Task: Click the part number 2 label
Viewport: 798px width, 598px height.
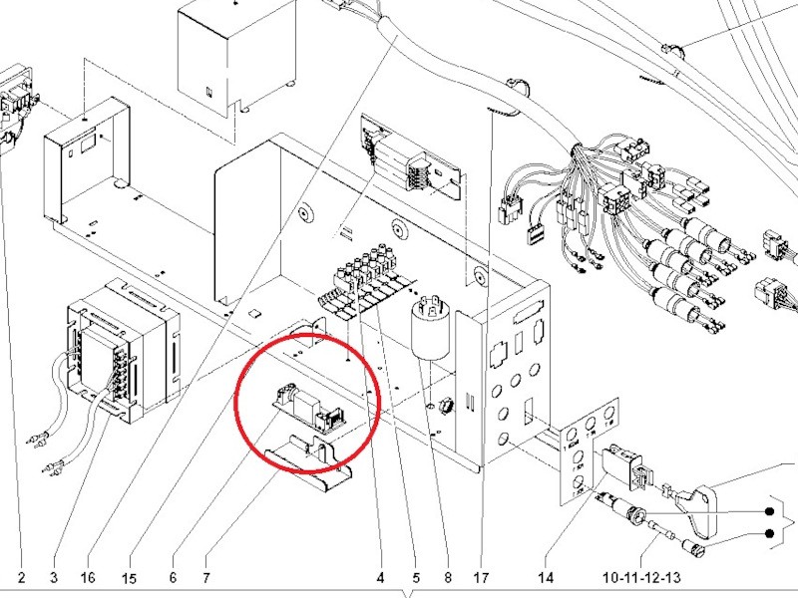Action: pos(20,577)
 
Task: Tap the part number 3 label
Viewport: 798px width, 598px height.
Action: pos(54,577)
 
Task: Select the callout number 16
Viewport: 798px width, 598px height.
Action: pos(89,577)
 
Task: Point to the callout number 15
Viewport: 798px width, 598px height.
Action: pos(129,577)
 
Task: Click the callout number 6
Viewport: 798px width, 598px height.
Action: pos(173,577)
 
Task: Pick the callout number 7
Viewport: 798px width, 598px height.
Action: pos(205,577)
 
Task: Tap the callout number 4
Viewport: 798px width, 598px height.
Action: pos(380,577)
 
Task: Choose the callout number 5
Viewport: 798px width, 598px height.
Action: pos(416,577)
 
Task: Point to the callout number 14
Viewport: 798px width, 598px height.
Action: pos(545,577)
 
